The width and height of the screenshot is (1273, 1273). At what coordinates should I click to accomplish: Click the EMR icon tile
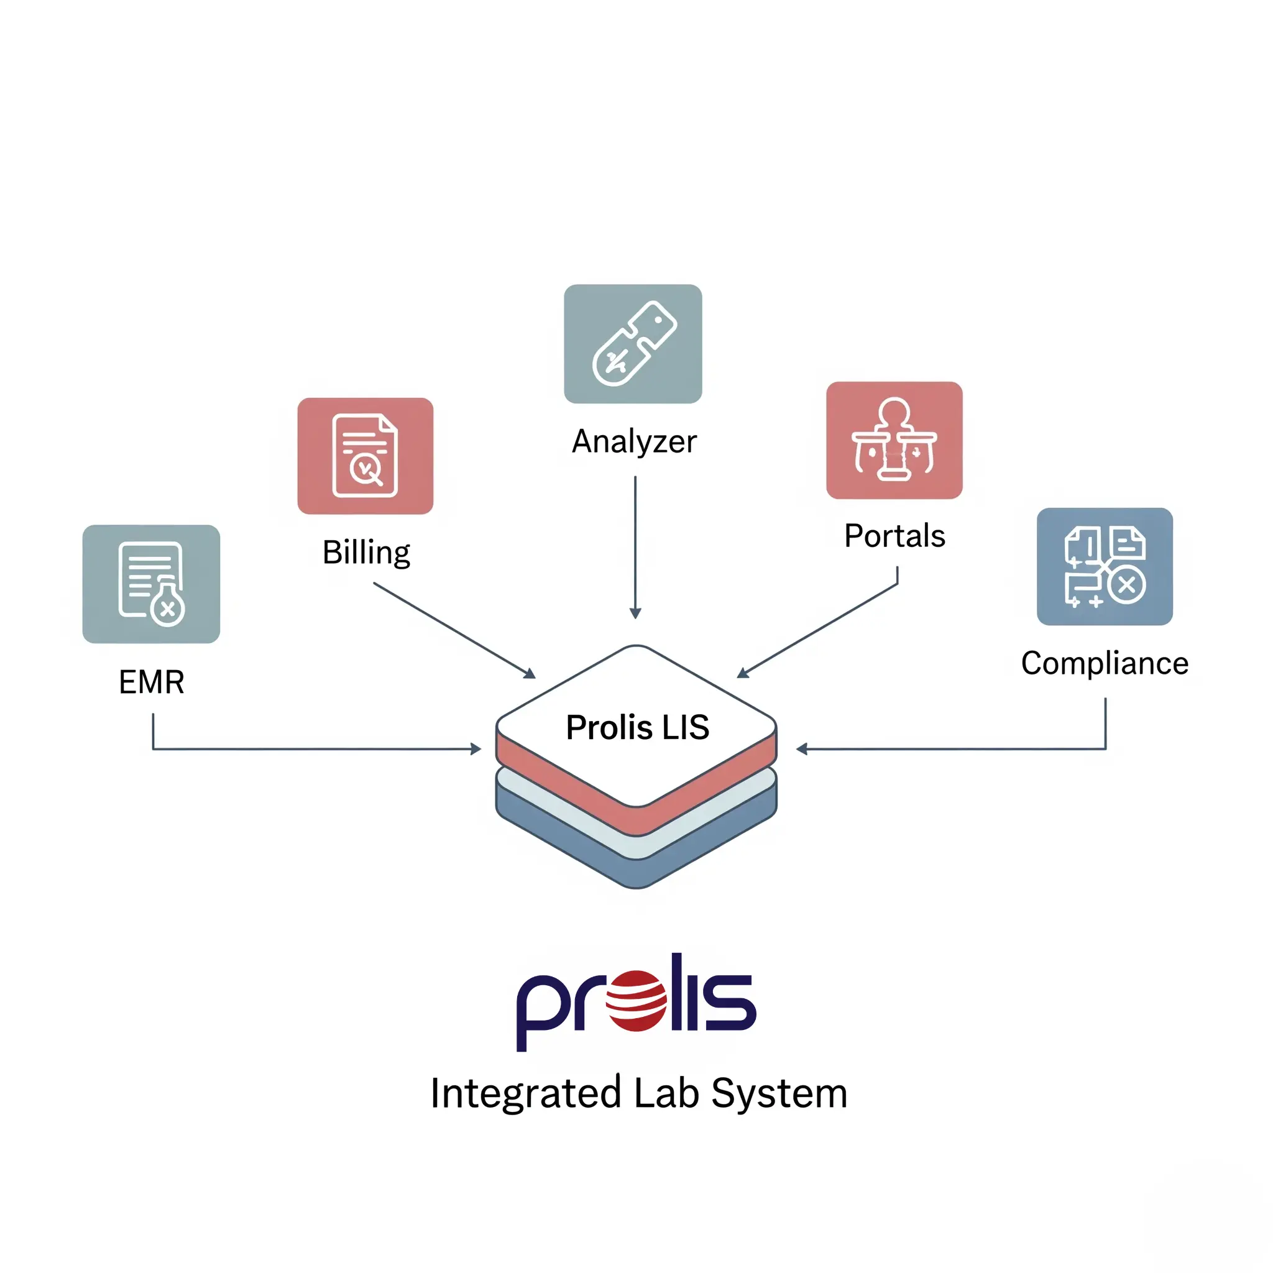(x=151, y=584)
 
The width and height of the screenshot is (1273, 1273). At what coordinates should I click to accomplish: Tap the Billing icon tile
(x=365, y=456)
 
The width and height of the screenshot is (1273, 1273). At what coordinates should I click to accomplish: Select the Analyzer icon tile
(x=633, y=343)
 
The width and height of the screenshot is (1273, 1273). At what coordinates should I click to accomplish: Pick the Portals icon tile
(x=894, y=440)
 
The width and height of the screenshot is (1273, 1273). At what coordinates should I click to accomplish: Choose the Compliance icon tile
(x=1105, y=566)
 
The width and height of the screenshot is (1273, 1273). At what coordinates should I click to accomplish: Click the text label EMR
(x=151, y=682)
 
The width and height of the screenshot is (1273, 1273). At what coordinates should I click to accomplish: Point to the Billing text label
(x=365, y=552)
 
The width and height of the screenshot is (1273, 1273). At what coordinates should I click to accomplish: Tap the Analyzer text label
(x=634, y=441)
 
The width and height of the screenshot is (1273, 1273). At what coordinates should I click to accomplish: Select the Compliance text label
(x=1105, y=663)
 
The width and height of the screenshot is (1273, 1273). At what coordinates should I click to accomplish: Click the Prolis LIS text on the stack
(x=637, y=727)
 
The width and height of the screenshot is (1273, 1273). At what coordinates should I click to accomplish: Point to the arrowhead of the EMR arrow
(x=476, y=749)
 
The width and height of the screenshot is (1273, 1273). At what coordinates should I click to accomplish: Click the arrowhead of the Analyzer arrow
(x=635, y=614)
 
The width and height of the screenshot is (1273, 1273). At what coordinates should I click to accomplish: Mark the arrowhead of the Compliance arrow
(x=801, y=749)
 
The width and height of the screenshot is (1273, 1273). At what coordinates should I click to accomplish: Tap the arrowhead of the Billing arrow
(x=530, y=673)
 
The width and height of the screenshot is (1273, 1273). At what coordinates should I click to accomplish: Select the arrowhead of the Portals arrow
(x=742, y=673)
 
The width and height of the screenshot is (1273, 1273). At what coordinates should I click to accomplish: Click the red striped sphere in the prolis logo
(x=636, y=1000)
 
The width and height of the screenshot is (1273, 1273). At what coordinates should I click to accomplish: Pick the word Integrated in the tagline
(x=525, y=1093)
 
